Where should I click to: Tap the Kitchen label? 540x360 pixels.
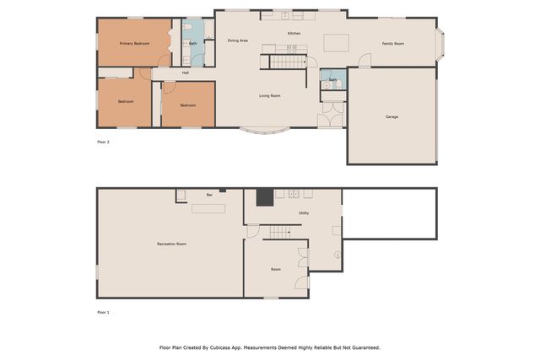pyautogui.click(x=294, y=33)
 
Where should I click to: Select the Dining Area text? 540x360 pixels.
pyautogui.click(x=238, y=40)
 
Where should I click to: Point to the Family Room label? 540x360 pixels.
pyautogui.click(x=392, y=43)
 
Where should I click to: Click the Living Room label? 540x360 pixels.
pyautogui.click(x=269, y=96)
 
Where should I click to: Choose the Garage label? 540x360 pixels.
pyautogui.click(x=391, y=116)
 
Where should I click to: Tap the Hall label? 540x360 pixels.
pyautogui.click(x=185, y=73)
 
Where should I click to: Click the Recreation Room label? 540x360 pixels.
pyautogui.click(x=171, y=244)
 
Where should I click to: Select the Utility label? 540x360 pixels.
pyautogui.click(x=303, y=212)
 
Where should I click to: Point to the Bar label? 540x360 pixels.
pyautogui.click(x=209, y=195)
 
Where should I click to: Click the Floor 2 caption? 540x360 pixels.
pyautogui.click(x=103, y=142)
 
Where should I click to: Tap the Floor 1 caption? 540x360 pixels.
pyautogui.click(x=103, y=313)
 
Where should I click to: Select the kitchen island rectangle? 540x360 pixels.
pyautogui.click(x=337, y=42)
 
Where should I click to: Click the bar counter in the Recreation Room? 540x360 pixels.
pyautogui.click(x=208, y=207)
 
